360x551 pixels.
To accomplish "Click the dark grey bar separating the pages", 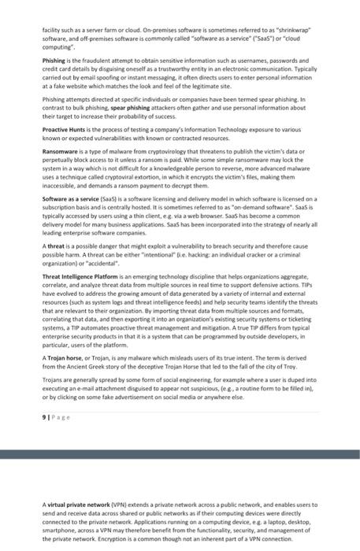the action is (x=180, y=455).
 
